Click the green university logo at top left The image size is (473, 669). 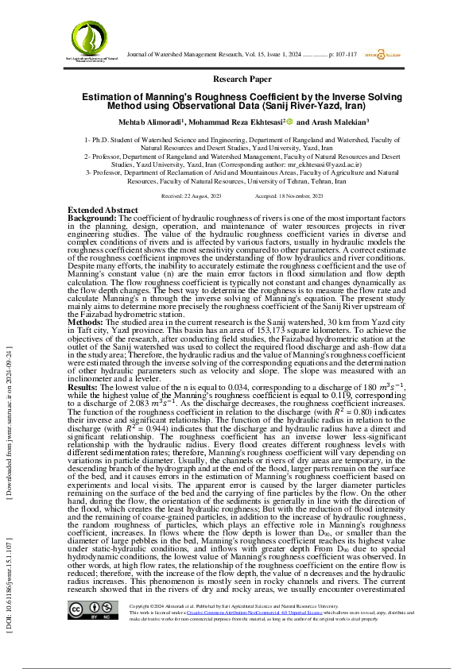tap(95, 36)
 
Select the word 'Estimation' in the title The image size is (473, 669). tap(107, 95)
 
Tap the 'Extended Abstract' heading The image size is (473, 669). tap(103, 210)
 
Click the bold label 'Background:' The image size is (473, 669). tap(92, 217)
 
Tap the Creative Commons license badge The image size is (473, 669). tap(88, 632)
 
